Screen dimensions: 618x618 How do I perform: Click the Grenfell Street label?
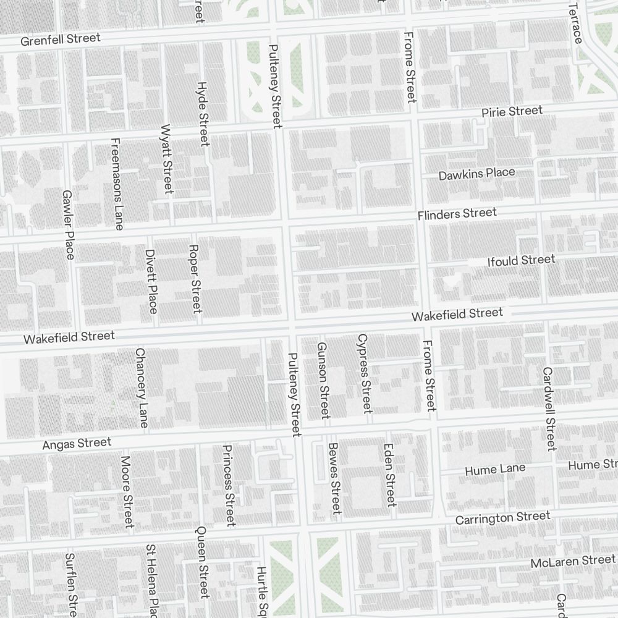60,40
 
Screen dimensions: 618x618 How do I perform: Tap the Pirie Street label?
512,112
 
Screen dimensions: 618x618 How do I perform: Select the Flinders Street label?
457,214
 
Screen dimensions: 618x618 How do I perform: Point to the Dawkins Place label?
476,174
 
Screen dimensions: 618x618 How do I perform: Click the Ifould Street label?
521,261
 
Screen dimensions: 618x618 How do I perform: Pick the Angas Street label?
77,443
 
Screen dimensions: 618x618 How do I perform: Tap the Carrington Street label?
502,517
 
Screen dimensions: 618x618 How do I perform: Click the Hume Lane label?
495,470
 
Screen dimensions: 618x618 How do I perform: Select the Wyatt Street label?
166,159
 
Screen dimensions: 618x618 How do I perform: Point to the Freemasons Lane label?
117,184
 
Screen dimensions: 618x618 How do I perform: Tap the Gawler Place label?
68,225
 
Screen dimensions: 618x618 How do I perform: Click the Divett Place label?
151,281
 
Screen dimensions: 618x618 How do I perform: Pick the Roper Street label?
195,278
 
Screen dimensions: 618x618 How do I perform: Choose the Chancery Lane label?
142,387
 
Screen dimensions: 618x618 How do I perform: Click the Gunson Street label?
323,379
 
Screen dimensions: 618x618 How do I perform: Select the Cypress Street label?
365,373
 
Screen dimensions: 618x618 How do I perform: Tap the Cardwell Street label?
549,409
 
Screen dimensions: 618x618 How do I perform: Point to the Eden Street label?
389,475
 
